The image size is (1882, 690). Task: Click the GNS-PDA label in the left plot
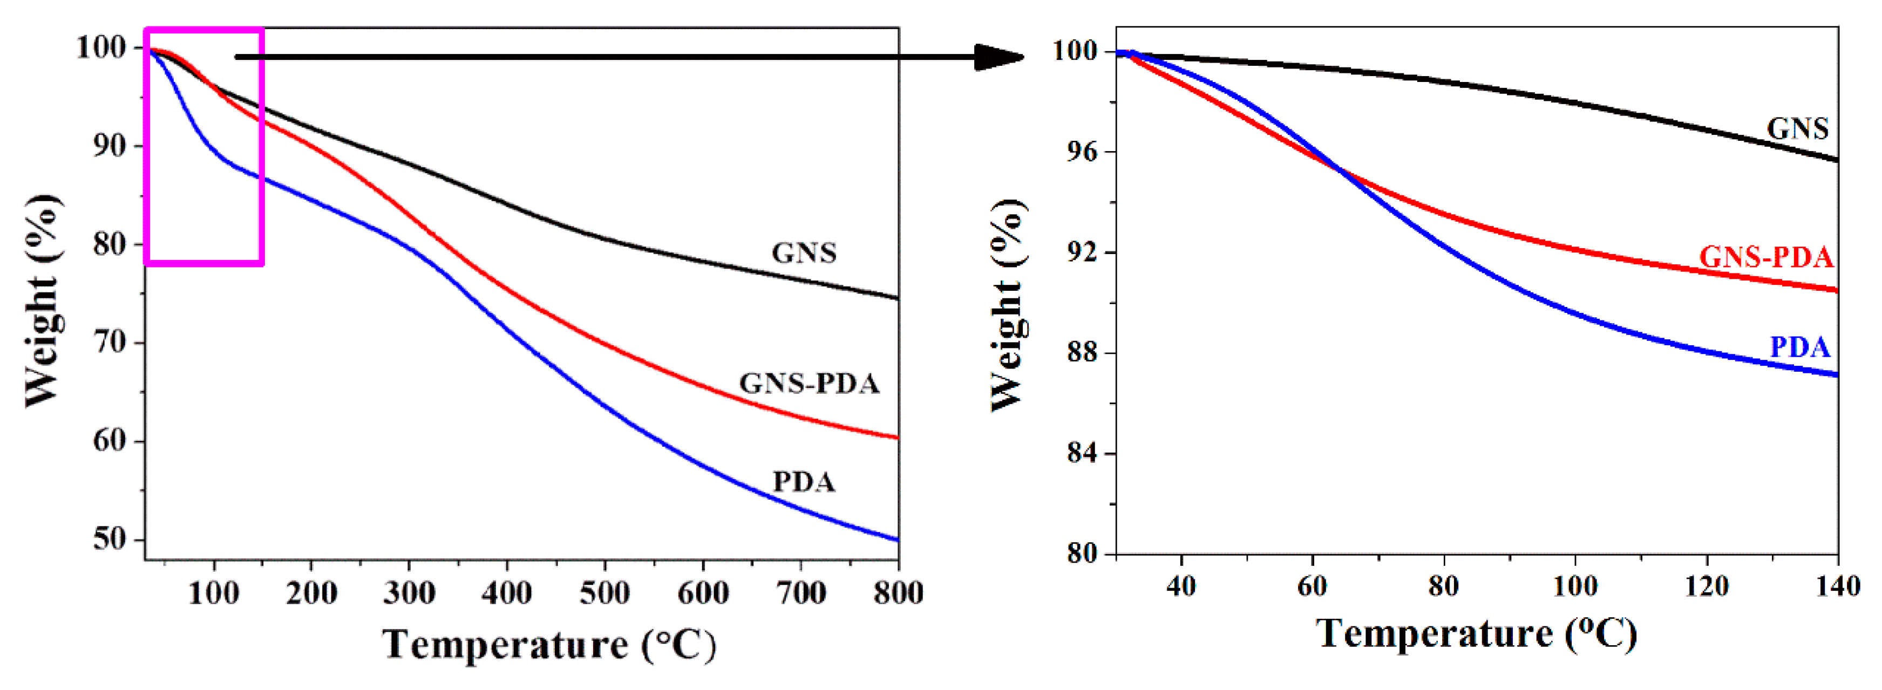pos(808,384)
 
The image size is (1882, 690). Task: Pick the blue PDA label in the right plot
pos(1799,347)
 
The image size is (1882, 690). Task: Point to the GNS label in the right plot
pos(1797,129)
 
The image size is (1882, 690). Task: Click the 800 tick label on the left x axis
pos(898,593)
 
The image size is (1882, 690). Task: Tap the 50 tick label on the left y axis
pos(110,539)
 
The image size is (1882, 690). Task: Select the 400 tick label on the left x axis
pos(506,593)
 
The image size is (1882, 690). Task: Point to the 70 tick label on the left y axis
pos(110,343)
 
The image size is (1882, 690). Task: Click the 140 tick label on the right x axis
pos(1837,586)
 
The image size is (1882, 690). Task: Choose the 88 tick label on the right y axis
pos(1082,353)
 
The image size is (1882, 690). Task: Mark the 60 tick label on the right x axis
pos(1312,586)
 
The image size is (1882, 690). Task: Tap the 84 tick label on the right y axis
pos(1082,453)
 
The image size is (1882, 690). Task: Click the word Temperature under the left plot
pos(505,645)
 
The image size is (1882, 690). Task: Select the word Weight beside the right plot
pos(1008,354)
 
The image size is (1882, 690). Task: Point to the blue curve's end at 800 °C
pos(897,541)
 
